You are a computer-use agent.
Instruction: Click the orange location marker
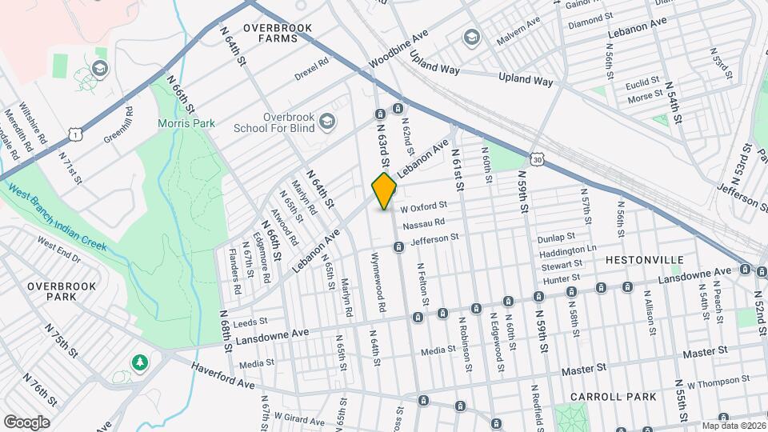(385, 191)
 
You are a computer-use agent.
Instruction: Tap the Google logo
(26, 422)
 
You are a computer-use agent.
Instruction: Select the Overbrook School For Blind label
(277, 122)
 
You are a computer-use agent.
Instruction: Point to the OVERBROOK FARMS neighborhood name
(278, 33)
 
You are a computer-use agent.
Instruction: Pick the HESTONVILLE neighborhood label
(644, 260)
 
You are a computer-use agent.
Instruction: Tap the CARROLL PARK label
(614, 397)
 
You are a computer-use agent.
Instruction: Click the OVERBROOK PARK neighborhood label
(62, 291)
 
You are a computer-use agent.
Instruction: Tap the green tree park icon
(141, 362)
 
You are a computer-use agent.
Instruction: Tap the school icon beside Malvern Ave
(471, 37)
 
